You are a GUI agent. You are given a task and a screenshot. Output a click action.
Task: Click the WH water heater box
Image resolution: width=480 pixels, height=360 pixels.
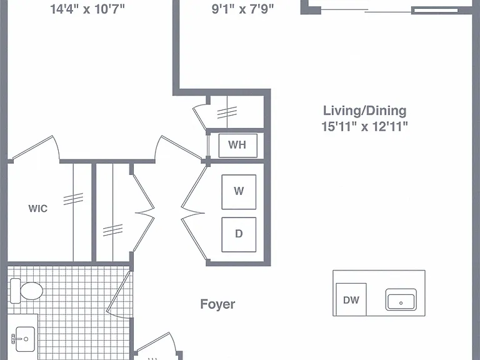click(238, 146)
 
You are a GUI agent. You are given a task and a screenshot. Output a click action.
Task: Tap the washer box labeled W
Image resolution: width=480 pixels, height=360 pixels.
click(239, 192)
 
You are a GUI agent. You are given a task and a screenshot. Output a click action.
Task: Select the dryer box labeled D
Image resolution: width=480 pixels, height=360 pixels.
click(239, 234)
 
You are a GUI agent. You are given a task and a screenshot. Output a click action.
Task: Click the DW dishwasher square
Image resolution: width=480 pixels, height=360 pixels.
click(351, 299)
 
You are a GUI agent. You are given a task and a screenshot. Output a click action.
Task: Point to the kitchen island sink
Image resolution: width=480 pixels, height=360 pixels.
click(401, 299)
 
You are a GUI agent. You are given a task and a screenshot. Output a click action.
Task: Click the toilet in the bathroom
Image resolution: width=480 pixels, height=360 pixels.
click(26, 291)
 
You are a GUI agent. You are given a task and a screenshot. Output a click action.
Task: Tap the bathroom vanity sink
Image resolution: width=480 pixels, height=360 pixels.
click(24, 339)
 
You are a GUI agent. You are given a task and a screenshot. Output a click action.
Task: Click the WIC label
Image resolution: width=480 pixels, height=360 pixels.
click(38, 209)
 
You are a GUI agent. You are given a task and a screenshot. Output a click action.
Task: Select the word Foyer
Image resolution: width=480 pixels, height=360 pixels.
click(217, 304)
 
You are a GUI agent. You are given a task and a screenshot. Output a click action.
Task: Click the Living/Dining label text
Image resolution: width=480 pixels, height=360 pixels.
click(364, 111)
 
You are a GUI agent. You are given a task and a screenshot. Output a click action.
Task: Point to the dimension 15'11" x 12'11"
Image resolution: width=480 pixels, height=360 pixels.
click(364, 126)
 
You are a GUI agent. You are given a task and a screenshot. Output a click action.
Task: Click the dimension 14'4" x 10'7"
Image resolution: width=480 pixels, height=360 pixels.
click(87, 9)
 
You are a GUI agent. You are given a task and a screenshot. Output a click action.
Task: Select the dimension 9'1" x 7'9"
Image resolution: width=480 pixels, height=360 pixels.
click(242, 9)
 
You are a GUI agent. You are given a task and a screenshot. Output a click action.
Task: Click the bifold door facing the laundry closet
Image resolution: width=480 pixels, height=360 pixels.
click(144, 213)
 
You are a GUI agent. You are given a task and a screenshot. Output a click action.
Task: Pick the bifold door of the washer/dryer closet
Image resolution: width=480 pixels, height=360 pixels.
click(193, 213)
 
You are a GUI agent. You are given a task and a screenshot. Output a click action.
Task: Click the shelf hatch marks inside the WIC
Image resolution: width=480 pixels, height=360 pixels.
click(73, 199)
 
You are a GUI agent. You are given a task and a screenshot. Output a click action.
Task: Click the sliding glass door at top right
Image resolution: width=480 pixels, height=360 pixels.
click(389, 11)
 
